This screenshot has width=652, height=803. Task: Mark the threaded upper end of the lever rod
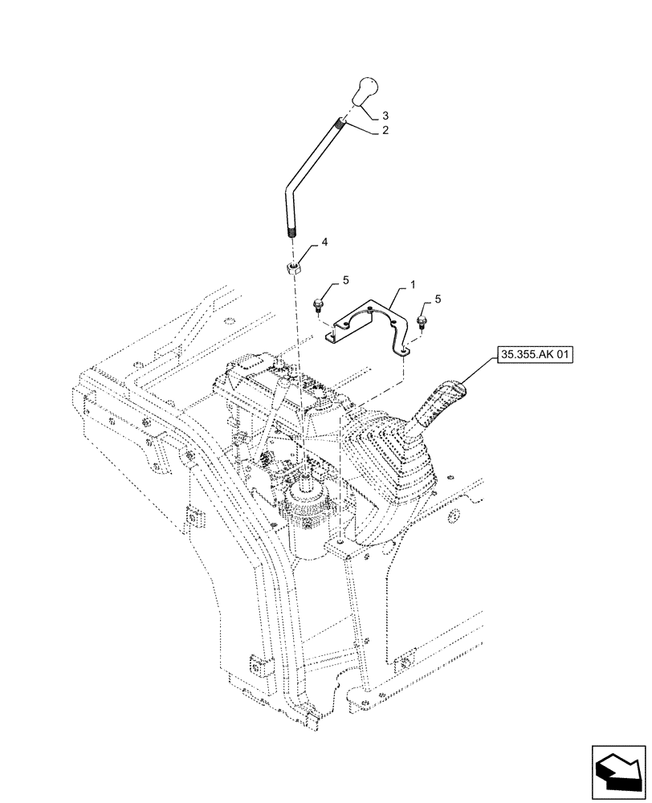tap(344, 124)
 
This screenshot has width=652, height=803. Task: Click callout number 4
tap(325, 242)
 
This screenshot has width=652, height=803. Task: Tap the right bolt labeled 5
tap(422, 322)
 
